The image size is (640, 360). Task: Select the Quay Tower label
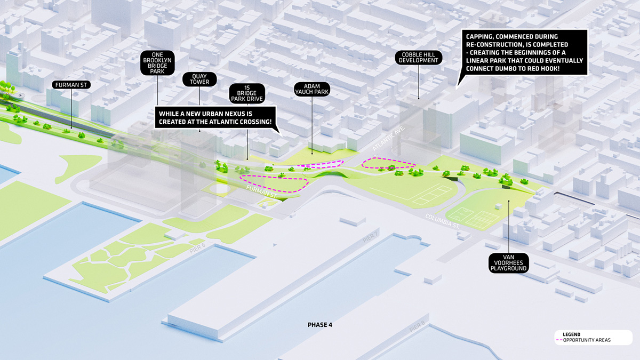[199, 79]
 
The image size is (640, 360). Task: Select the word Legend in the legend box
[571, 334]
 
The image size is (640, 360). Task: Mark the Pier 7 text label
[371, 237]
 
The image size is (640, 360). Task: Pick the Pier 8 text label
[418, 326]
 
